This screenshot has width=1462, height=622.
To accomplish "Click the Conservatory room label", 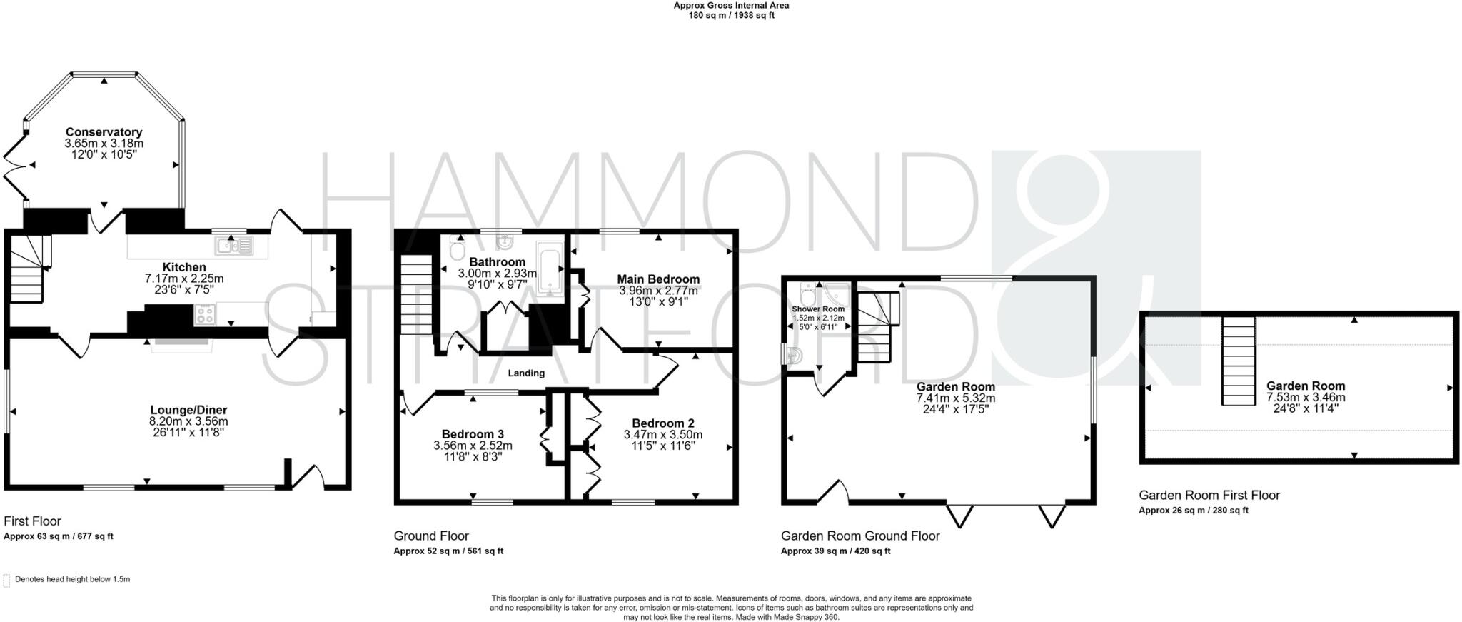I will click(x=104, y=132).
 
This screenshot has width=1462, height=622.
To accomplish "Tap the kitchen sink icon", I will click(x=233, y=246).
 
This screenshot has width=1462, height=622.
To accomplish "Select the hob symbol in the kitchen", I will click(x=206, y=314).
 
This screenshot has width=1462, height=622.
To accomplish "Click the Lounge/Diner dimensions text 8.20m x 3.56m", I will click(x=188, y=421).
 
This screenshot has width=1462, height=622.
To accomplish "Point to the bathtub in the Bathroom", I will click(x=550, y=269).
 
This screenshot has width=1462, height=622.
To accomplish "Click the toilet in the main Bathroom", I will click(x=458, y=250).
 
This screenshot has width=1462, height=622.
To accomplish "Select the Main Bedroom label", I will click(x=658, y=279).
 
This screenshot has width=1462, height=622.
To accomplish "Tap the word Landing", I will click(x=526, y=373).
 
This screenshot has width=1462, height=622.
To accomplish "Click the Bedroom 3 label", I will click(x=473, y=434).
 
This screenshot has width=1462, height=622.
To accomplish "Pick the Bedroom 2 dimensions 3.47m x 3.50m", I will click(x=663, y=434).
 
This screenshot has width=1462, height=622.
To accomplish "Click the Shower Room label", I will click(x=818, y=309).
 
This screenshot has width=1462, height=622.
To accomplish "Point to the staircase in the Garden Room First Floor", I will click(x=1239, y=361).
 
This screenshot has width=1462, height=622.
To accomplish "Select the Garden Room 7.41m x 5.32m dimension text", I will click(x=956, y=398).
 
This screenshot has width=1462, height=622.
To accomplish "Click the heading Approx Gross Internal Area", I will click(x=731, y=5).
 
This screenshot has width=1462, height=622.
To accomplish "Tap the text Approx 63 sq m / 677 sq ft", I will click(x=59, y=536).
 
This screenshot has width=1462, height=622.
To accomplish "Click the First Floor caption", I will click(x=33, y=521).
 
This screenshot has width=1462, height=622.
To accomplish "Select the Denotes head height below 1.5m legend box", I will click(x=7, y=580).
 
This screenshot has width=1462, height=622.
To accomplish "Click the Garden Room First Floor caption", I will click(x=1209, y=495).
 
